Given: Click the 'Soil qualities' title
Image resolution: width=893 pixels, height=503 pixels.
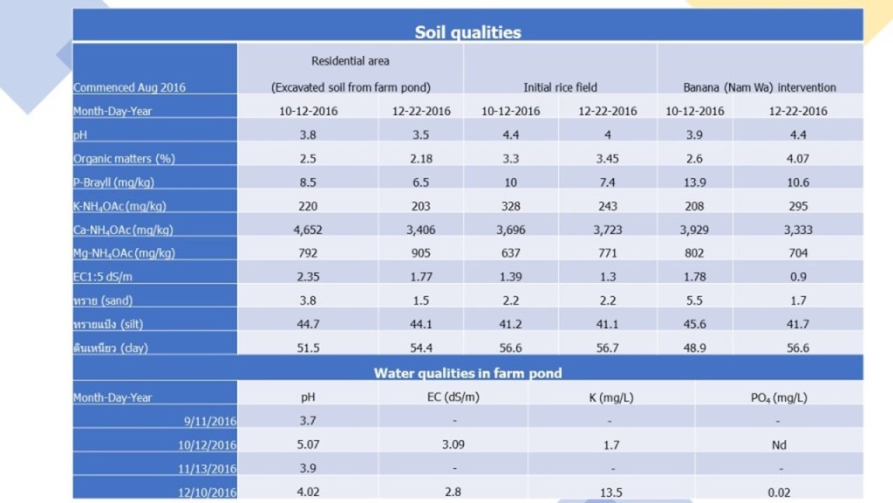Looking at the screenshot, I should tap(467, 32).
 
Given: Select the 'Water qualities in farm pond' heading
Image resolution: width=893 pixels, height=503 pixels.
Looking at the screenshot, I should tap(467, 373).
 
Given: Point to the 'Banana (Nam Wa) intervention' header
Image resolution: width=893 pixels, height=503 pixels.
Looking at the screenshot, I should tap(760, 87).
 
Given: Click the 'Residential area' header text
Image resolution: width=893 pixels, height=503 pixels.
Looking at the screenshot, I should tap(351, 61).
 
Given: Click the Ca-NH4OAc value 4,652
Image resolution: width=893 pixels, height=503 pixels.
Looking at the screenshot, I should tap(307, 230).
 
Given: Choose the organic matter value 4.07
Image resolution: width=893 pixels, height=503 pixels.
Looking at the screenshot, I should tap(798, 159).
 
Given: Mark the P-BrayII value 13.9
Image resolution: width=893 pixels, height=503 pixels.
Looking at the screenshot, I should tap(695, 183).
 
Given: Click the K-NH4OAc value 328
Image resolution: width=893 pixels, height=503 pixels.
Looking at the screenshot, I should tap(511, 206).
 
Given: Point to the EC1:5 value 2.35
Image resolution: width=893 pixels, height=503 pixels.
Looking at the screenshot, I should tap(307, 277).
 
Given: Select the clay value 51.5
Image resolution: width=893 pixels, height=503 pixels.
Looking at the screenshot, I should tap(307, 348).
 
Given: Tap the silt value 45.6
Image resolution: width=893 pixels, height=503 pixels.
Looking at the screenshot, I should tap(695, 324).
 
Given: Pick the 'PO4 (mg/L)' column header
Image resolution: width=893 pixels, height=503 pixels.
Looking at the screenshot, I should tap(780, 397).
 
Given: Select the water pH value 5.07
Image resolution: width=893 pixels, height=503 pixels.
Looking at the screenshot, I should tap(307, 444).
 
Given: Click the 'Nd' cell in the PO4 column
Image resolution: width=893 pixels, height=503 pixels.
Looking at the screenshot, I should tap(780, 444).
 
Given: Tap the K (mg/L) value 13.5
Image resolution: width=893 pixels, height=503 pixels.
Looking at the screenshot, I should tap(611, 492).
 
